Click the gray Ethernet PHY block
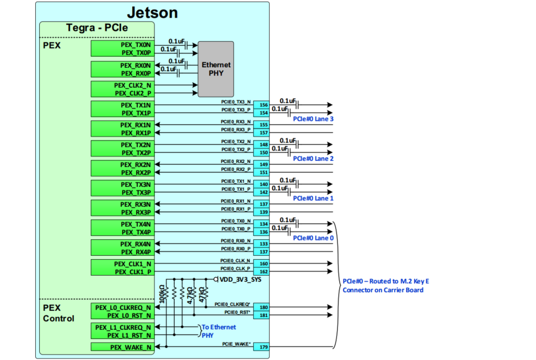click(216, 69)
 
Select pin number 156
click(263, 105)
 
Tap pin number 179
click(263, 347)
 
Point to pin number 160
click(263, 264)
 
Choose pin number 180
click(263, 307)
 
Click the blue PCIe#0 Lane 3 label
click(313, 119)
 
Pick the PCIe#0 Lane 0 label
click(313, 238)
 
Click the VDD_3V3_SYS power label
click(240, 280)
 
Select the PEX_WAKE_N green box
click(122, 347)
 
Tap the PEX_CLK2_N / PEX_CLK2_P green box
click(122, 89)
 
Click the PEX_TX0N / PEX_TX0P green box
click(122, 49)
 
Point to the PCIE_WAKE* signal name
click(236, 344)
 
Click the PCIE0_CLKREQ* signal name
click(232, 304)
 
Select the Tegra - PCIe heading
click(97, 27)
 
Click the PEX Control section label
click(58, 313)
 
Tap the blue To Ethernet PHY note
click(218, 331)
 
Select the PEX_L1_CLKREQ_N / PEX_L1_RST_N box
click(122, 331)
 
